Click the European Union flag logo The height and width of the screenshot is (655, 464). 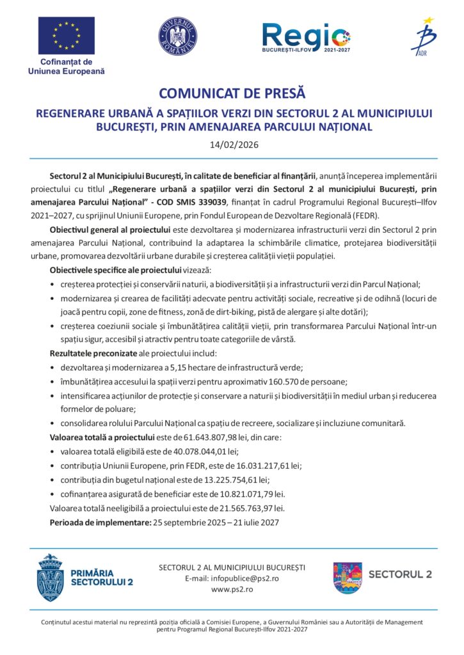[x=66, y=36]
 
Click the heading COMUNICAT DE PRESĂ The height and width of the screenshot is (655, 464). [x=232, y=94]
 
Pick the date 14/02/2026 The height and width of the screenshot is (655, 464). [x=234, y=145]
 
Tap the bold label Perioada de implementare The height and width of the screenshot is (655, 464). [x=100, y=523]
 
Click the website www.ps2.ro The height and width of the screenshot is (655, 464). [x=232, y=589]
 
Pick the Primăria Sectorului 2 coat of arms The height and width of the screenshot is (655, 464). [x=49, y=578]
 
